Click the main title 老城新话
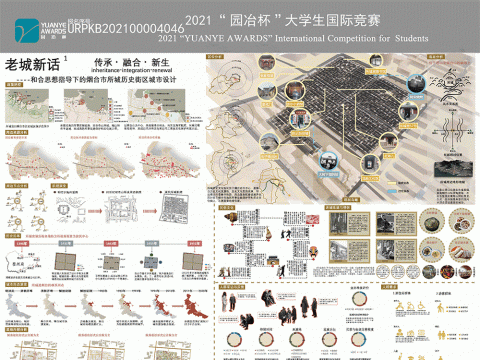point(31,63)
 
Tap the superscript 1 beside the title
point(64,58)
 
